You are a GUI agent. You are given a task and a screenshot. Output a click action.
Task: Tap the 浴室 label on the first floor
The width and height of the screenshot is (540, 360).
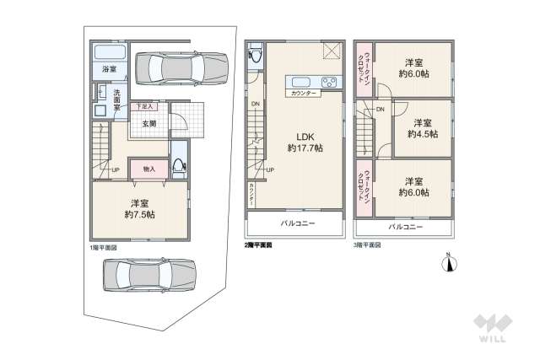[x=110, y=69]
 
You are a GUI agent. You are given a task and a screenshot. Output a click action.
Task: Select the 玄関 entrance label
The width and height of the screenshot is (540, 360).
[x=149, y=123]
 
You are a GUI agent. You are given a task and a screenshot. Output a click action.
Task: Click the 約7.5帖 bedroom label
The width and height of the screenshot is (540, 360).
[x=139, y=208]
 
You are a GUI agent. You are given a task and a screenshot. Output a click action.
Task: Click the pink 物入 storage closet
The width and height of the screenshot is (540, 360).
[x=149, y=170]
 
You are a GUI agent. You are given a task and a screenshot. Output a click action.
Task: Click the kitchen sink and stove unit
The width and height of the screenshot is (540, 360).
[x=310, y=82]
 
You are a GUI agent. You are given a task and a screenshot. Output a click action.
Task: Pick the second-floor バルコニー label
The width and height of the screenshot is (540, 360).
[x=294, y=223]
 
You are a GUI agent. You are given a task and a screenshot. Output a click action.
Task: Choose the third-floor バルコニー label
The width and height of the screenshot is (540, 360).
[x=406, y=226]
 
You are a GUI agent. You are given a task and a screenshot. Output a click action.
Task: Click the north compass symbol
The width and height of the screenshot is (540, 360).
[x=450, y=264]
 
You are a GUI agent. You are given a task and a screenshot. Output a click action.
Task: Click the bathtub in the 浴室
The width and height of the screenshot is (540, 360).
[x=109, y=51]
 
